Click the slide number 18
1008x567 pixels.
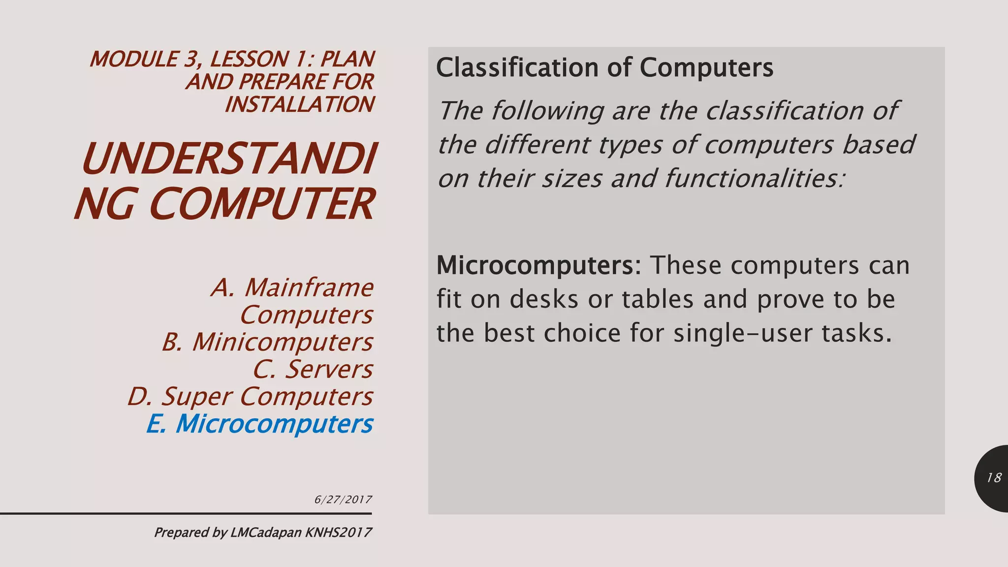click(x=994, y=478)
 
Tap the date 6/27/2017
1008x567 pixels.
click(x=343, y=500)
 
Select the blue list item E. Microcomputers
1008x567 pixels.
click(x=259, y=424)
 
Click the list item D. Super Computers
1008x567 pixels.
click(x=250, y=397)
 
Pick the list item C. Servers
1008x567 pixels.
click(x=313, y=370)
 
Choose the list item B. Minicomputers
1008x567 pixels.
click(x=267, y=342)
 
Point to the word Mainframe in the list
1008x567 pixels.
click(x=309, y=287)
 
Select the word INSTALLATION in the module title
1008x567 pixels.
click(x=299, y=104)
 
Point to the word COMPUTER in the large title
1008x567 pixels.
click(x=261, y=204)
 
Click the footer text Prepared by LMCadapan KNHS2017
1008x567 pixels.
click(x=263, y=533)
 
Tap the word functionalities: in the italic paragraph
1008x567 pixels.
click(x=755, y=178)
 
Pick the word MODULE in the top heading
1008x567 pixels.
click(x=134, y=60)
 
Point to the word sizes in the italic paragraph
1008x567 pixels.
click(x=572, y=178)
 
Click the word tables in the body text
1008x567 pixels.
click(x=658, y=299)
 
